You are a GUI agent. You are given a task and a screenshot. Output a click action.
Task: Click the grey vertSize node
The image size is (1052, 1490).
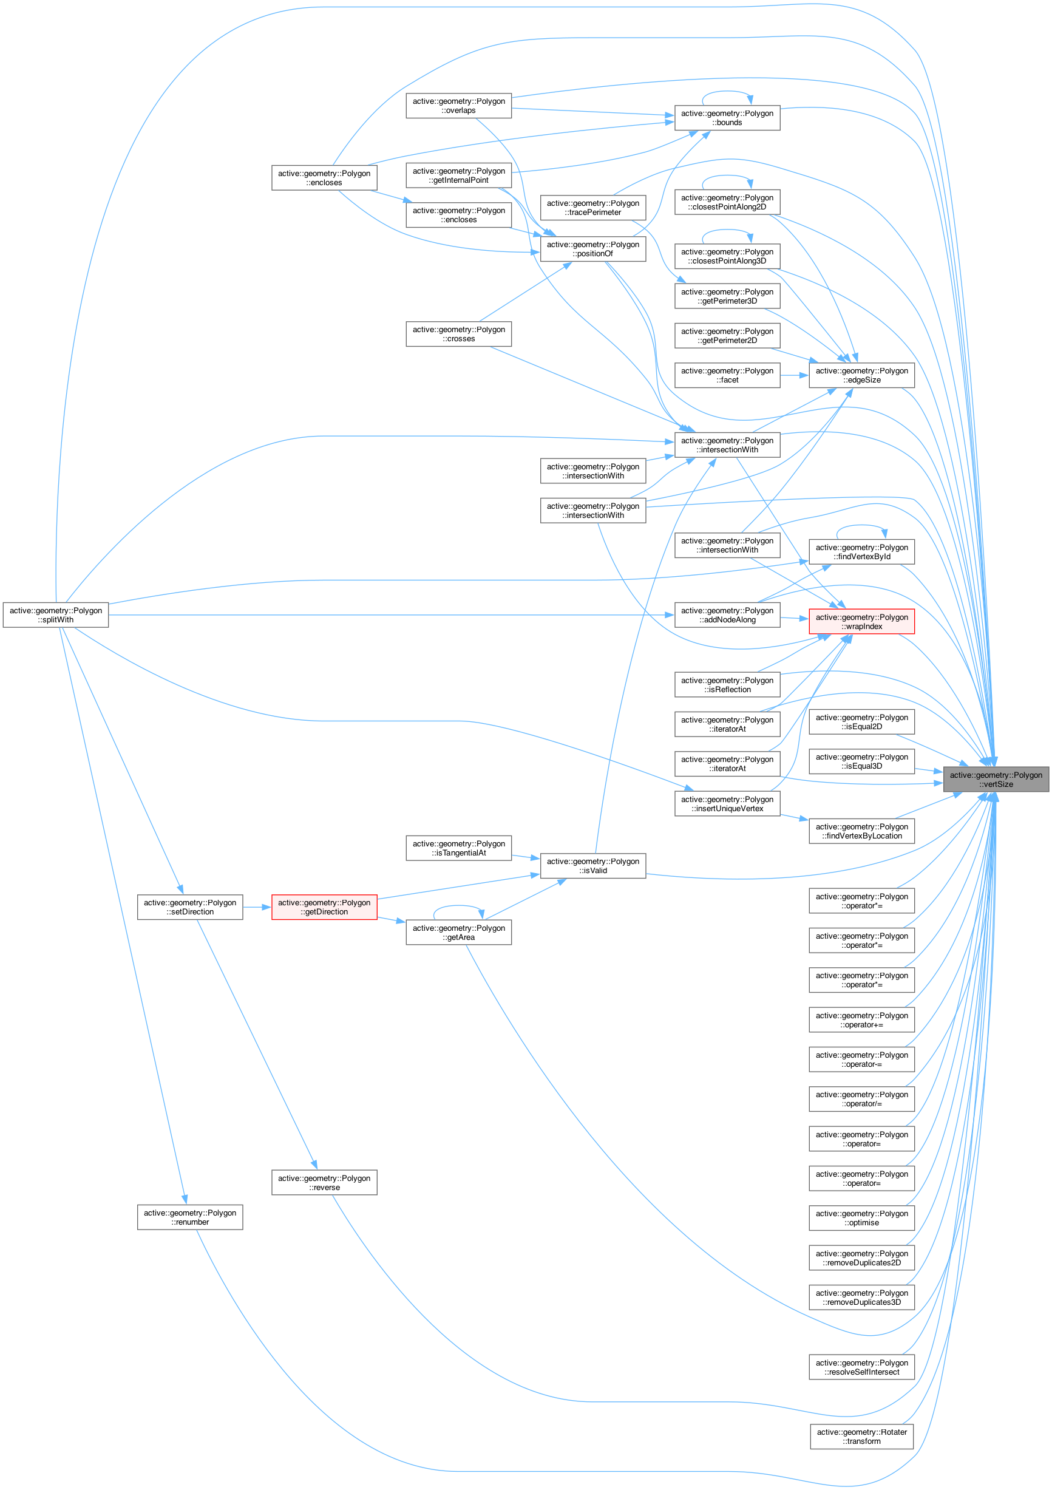click(x=996, y=780)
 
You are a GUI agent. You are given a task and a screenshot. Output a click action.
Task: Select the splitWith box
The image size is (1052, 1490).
click(x=56, y=615)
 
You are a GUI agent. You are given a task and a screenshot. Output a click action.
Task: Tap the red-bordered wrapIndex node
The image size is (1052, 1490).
click(x=861, y=622)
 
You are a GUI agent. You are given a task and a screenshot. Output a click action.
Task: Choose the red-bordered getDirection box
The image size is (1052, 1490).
click(x=324, y=907)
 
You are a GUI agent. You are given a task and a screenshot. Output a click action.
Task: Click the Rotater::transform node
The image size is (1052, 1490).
click(x=861, y=1436)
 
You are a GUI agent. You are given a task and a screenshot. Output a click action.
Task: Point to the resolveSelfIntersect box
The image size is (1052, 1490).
click(x=861, y=1367)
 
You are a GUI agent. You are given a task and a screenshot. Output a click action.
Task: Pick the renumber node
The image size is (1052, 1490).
click(x=190, y=1217)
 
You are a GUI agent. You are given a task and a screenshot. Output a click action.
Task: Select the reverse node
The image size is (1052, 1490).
click(x=324, y=1183)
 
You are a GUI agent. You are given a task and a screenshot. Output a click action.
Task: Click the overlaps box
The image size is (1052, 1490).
click(x=458, y=106)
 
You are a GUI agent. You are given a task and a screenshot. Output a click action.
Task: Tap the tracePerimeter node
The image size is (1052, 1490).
click(x=592, y=208)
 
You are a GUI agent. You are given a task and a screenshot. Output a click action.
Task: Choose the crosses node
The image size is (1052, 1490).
click(x=458, y=334)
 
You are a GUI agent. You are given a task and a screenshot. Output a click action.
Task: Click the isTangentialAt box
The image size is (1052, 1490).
click(x=458, y=848)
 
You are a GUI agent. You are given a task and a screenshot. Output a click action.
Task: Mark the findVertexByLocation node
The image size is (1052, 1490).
click(x=861, y=831)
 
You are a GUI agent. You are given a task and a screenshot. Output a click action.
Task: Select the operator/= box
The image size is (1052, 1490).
click(x=861, y=1100)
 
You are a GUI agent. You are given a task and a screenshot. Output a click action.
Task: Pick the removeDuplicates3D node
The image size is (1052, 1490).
click(x=861, y=1298)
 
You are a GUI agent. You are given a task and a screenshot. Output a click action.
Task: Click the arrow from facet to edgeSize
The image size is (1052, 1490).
click(x=795, y=375)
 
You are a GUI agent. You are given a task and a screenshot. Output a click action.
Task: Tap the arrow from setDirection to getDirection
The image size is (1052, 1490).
click(x=257, y=907)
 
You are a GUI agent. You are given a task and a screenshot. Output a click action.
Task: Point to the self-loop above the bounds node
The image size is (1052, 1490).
click(x=727, y=92)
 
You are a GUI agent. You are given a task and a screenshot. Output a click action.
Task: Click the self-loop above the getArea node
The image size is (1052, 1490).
click(x=458, y=906)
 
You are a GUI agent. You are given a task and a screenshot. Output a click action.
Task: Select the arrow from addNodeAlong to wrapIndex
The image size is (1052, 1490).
click(x=795, y=619)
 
